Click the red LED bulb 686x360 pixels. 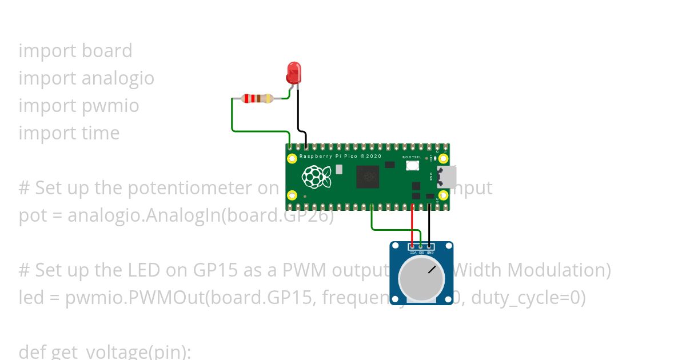pyautogui.click(x=293, y=73)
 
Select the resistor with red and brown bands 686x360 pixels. pyautogui.click(x=258, y=98)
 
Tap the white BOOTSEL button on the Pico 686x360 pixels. pyautogui.click(x=412, y=166)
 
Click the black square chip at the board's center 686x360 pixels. pyautogui.click(x=367, y=177)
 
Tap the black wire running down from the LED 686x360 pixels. pyautogui.click(x=298, y=114)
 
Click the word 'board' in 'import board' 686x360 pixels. pyautogui.click(x=107, y=51)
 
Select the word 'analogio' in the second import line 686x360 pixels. pyautogui.click(x=118, y=78)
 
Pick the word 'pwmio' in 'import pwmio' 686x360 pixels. pyautogui.click(x=110, y=106)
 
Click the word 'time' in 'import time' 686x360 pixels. pyautogui.click(x=101, y=133)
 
